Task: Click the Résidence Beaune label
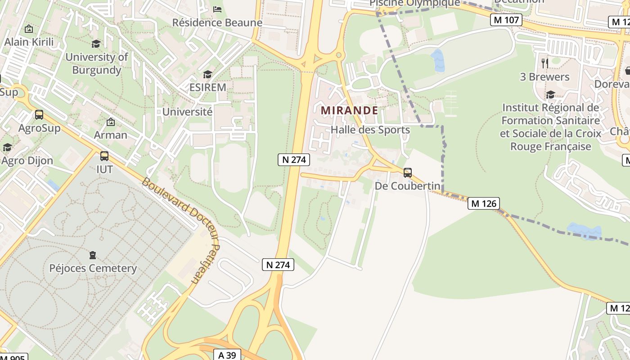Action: click(217, 22)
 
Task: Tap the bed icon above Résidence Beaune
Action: click(217, 9)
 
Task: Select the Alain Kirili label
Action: click(29, 42)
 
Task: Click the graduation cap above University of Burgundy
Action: click(96, 44)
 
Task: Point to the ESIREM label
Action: click(207, 87)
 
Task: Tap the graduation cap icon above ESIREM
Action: click(207, 74)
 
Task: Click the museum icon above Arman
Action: click(110, 122)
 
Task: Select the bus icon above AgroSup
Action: click(39, 115)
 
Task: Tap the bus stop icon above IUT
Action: click(104, 156)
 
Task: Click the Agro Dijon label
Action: click(27, 161)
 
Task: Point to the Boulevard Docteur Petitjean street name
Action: click(180, 229)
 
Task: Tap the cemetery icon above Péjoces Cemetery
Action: click(93, 255)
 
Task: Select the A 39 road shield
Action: click(227, 355)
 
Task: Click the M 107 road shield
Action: click(506, 20)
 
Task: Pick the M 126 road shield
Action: click(483, 203)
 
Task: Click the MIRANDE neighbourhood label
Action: click(349, 110)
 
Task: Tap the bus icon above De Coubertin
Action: click(408, 172)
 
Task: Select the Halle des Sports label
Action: click(370, 130)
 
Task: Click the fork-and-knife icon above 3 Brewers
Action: click(544, 63)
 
